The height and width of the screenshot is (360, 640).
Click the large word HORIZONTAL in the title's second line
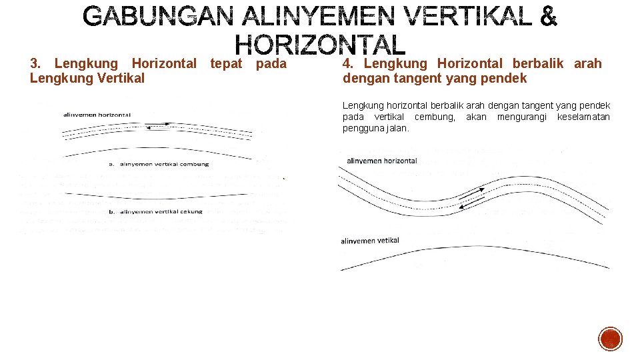click(320, 45)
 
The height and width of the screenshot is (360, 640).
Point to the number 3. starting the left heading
click(36, 64)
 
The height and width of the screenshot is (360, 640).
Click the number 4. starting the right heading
click(348, 64)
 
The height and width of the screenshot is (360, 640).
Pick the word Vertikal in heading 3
click(123, 78)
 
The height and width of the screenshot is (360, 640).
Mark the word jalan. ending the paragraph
click(397, 128)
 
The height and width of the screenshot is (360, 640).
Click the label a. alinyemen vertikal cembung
click(159, 164)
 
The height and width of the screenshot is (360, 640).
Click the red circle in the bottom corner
click(610, 339)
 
